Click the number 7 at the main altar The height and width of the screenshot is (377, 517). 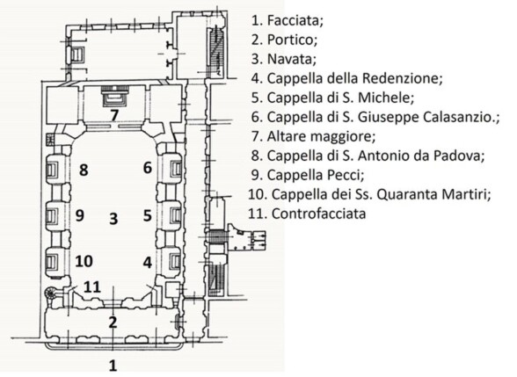pyautogui.click(x=114, y=115)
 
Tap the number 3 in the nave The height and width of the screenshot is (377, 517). pyautogui.click(x=113, y=219)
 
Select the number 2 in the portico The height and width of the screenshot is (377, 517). pyautogui.click(x=113, y=322)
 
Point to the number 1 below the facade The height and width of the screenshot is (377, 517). pyautogui.click(x=113, y=366)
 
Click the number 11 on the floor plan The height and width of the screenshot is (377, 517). pyautogui.click(x=92, y=286)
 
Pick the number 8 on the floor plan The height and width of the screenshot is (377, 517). pyautogui.click(x=84, y=170)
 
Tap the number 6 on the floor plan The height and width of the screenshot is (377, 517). pyautogui.click(x=148, y=168)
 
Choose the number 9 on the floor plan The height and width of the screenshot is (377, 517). pyautogui.click(x=80, y=215)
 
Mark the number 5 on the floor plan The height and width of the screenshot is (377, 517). pyautogui.click(x=148, y=215)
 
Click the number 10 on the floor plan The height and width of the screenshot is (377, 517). pyautogui.click(x=84, y=261)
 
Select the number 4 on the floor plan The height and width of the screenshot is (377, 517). pyautogui.click(x=148, y=263)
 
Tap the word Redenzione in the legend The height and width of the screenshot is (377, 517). pyautogui.click(x=402, y=78)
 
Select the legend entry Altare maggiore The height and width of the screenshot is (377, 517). pyautogui.click(x=321, y=136)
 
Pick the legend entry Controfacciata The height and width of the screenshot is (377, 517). pyautogui.click(x=318, y=214)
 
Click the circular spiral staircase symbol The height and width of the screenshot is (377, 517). pyautogui.click(x=51, y=293)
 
